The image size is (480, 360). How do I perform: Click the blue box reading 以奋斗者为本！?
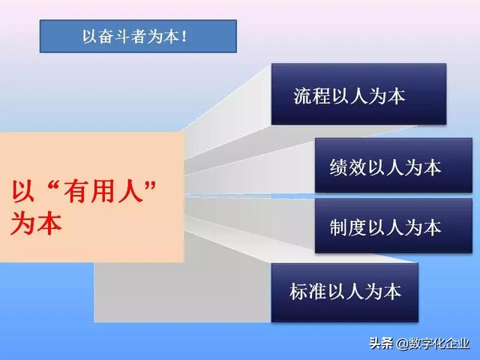137,35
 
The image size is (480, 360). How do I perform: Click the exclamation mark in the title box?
184,36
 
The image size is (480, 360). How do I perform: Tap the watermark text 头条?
381,343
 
